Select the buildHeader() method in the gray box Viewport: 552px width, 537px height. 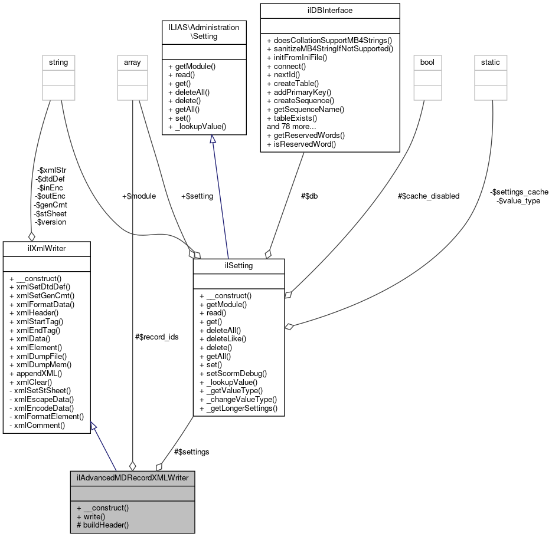[103, 524]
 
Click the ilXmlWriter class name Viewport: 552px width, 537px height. [47, 248]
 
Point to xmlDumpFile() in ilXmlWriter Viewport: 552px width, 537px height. [38, 356]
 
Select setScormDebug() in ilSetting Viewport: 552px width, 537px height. [233, 373]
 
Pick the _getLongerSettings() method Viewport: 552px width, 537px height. [238, 408]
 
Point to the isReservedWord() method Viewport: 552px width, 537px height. [301, 144]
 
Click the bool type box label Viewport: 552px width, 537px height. [426, 62]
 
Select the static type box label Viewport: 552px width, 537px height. [491, 62]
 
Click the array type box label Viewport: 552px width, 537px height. [132, 62]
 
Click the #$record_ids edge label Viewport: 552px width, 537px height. [156, 337]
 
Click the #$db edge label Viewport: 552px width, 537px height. [309, 196]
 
